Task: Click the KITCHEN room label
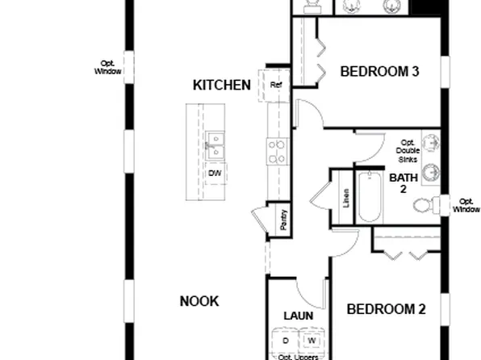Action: click(x=222, y=85)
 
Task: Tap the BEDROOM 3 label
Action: click(x=379, y=72)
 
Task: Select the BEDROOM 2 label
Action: click(x=386, y=308)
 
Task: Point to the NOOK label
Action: click(x=199, y=301)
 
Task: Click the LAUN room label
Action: click(x=298, y=315)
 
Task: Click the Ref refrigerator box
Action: click(x=276, y=84)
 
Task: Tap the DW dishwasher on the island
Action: click(x=215, y=174)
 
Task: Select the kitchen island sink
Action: click(x=215, y=146)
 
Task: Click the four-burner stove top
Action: click(x=278, y=150)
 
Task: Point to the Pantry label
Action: click(x=284, y=220)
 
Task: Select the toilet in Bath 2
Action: click(x=425, y=204)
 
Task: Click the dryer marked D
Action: click(x=285, y=341)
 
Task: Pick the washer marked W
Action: click(x=312, y=341)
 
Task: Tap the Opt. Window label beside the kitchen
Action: click(x=107, y=67)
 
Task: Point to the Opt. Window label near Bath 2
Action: click(x=466, y=205)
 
